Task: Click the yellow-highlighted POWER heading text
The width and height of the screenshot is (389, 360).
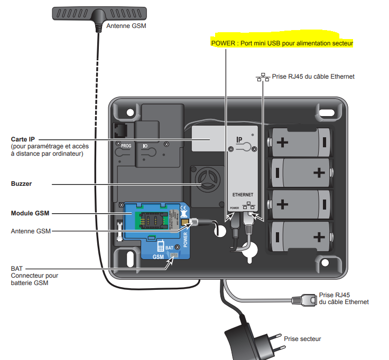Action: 281,43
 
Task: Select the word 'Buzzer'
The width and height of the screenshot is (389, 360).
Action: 21,184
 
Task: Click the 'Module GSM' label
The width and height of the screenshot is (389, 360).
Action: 30,214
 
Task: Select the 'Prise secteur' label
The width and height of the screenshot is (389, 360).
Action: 302,339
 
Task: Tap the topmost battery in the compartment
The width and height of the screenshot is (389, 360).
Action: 300,142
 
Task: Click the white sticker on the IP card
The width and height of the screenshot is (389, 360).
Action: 208,136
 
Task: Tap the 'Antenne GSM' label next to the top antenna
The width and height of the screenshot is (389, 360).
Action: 125,25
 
